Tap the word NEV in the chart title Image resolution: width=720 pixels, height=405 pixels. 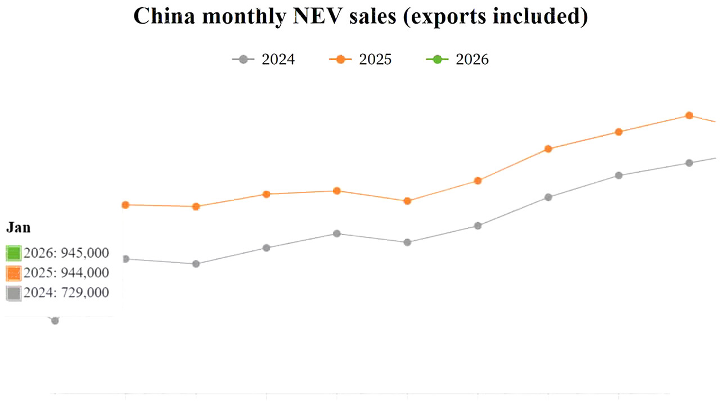pyautogui.click(x=316, y=17)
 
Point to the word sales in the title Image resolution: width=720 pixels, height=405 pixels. pyautogui.click(x=373, y=17)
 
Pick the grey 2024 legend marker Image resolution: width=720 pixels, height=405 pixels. pyautogui.click(x=243, y=59)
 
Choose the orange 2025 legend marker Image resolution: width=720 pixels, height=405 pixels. pyautogui.click(x=340, y=59)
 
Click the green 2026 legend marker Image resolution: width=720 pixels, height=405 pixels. pyautogui.click(x=437, y=59)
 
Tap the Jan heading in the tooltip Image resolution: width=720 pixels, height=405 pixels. pyautogui.click(x=18, y=228)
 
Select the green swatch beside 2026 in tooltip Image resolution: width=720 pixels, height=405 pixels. pyautogui.click(x=13, y=253)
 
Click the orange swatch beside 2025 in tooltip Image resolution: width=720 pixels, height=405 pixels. pyautogui.click(x=13, y=273)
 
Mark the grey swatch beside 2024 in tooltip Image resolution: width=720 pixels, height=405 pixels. pyautogui.click(x=13, y=293)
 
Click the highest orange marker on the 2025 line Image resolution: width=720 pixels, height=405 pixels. pyautogui.click(x=688, y=115)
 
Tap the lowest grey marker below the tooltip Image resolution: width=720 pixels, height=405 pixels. pyautogui.click(x=55, y=321)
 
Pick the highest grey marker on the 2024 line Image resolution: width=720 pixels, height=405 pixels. pyautogui.click(x=688, y=163)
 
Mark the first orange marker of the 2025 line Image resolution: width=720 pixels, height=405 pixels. pyautogui.click(x=125, y=205)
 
